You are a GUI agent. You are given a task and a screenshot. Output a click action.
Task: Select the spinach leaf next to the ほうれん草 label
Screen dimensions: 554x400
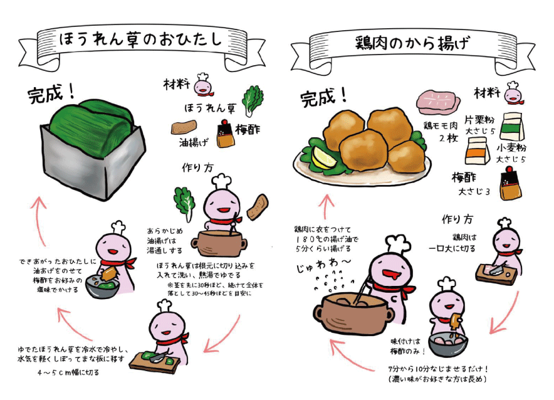click(254, 100)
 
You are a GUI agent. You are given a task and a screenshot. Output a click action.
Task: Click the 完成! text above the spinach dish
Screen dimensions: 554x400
click(51, 94)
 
